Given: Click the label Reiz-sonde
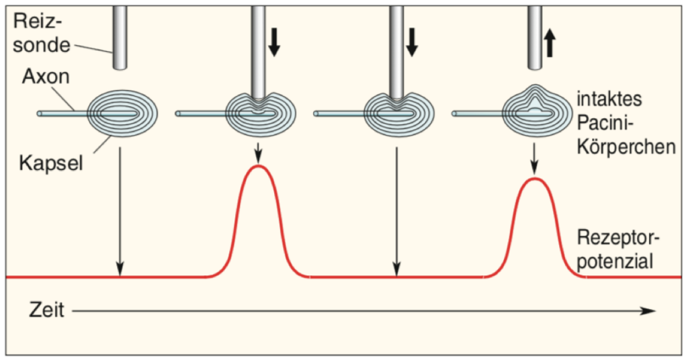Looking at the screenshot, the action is pos(41,34).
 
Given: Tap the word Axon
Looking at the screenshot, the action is pos(46,77).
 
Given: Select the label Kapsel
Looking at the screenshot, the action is pos(51,164).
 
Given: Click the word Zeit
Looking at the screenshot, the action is pos(46,310).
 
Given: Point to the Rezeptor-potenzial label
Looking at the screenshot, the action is pos(618,249).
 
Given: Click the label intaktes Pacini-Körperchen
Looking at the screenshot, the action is pos(626,123).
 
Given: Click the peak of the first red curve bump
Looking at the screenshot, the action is pos(259,166).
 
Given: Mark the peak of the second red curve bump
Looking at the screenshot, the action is pos(534,179).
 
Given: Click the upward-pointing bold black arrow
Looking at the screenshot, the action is pos(550,44).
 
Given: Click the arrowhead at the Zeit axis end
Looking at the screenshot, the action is pos(650,311).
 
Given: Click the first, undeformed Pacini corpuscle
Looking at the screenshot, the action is pos(123,114).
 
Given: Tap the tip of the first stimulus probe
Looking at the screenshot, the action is pos(120,69).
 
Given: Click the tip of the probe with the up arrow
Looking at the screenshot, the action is pos(535,69).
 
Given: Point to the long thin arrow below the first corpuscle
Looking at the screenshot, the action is pos(120,212).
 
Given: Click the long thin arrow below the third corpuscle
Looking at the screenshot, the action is pos(396,212).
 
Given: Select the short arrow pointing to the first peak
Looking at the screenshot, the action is pos(259,152).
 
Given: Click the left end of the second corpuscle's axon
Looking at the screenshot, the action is pos(177,114).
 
